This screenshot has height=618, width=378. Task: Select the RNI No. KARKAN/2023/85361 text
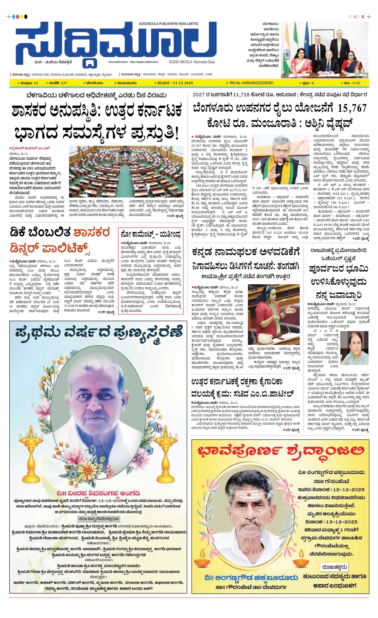click(x=251, y=83)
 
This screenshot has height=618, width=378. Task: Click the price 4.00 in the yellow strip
click(x=356, y=83)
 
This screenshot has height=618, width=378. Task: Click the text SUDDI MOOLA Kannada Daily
click(x=192, y=62)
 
